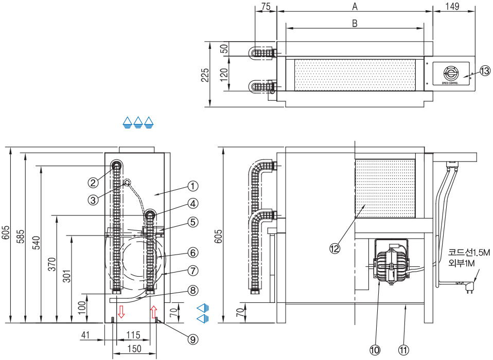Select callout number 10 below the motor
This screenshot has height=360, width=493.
(375, 349)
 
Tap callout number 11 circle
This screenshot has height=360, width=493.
(404, 349)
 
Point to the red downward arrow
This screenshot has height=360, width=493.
(121, 311)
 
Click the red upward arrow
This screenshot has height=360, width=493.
(153, 311)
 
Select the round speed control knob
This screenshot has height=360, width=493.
(450, 74)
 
